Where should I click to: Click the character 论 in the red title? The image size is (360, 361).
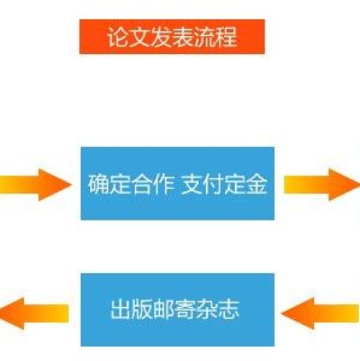(117, 37)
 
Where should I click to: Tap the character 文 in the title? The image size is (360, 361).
(139, 37)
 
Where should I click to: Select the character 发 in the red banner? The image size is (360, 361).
(161, 37)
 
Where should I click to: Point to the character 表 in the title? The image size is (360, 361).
(183, 37)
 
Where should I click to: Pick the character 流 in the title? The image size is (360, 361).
(205, 37)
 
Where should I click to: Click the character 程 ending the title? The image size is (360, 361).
(226, 37)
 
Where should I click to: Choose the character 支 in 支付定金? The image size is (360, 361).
(192, 184)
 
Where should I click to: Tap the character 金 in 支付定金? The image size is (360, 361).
(257, 184)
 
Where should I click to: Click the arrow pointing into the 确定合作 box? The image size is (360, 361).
(35, 184)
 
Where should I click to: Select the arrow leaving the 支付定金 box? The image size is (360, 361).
(322, 184)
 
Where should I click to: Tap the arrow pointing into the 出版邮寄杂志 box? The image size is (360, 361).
(320, 313)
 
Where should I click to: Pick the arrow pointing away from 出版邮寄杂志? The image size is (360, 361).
(34, 313)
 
